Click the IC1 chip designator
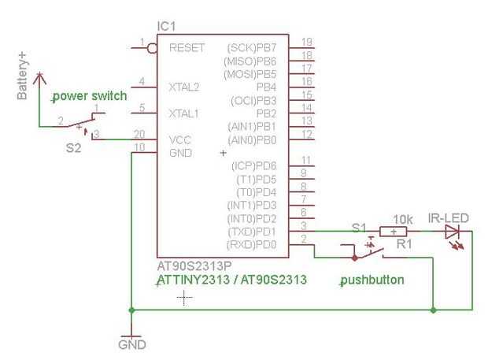coord(167,27)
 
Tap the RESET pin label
coord(187,47)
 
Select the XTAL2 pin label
coord(183,87)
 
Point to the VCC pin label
coord(180,140)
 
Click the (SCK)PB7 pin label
coord(252,48)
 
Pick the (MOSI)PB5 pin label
coord(250,74)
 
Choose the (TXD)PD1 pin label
coord(252,232)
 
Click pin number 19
coord(307,42)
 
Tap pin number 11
coord(306,160)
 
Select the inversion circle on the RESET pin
coord(152,48)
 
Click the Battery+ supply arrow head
coord(39,78)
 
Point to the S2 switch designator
coord(73,148)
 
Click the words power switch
coord(90,96)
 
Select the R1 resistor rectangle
coord(394,232)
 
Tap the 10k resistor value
coord(403,220)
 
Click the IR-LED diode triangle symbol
coord(453,232)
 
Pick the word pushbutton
coord(372,280)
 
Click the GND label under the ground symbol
coord(132,345)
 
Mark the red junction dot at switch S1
coord(354,258)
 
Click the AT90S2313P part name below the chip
coord(194,266)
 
